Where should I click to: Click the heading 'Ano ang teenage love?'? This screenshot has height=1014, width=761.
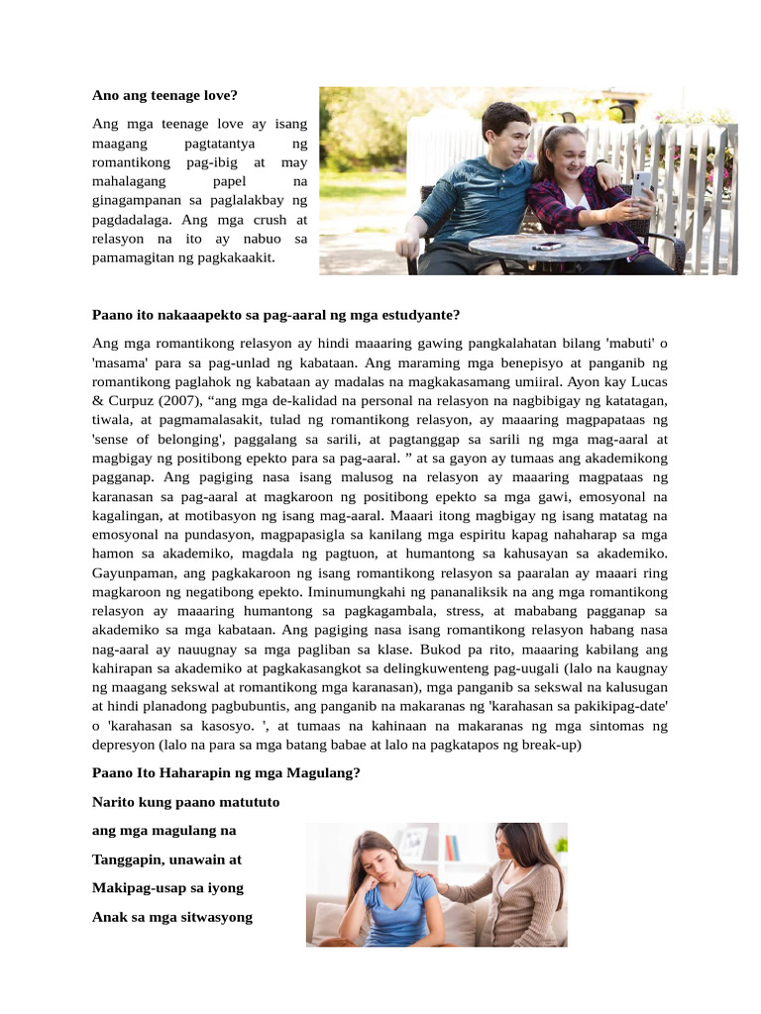coord(164,96)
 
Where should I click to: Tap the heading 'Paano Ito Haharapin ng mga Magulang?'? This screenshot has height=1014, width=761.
coord(226,772)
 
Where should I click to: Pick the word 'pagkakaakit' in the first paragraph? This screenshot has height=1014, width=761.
coord(235,257)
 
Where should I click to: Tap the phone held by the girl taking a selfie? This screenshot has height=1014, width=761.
coord(642,185)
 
